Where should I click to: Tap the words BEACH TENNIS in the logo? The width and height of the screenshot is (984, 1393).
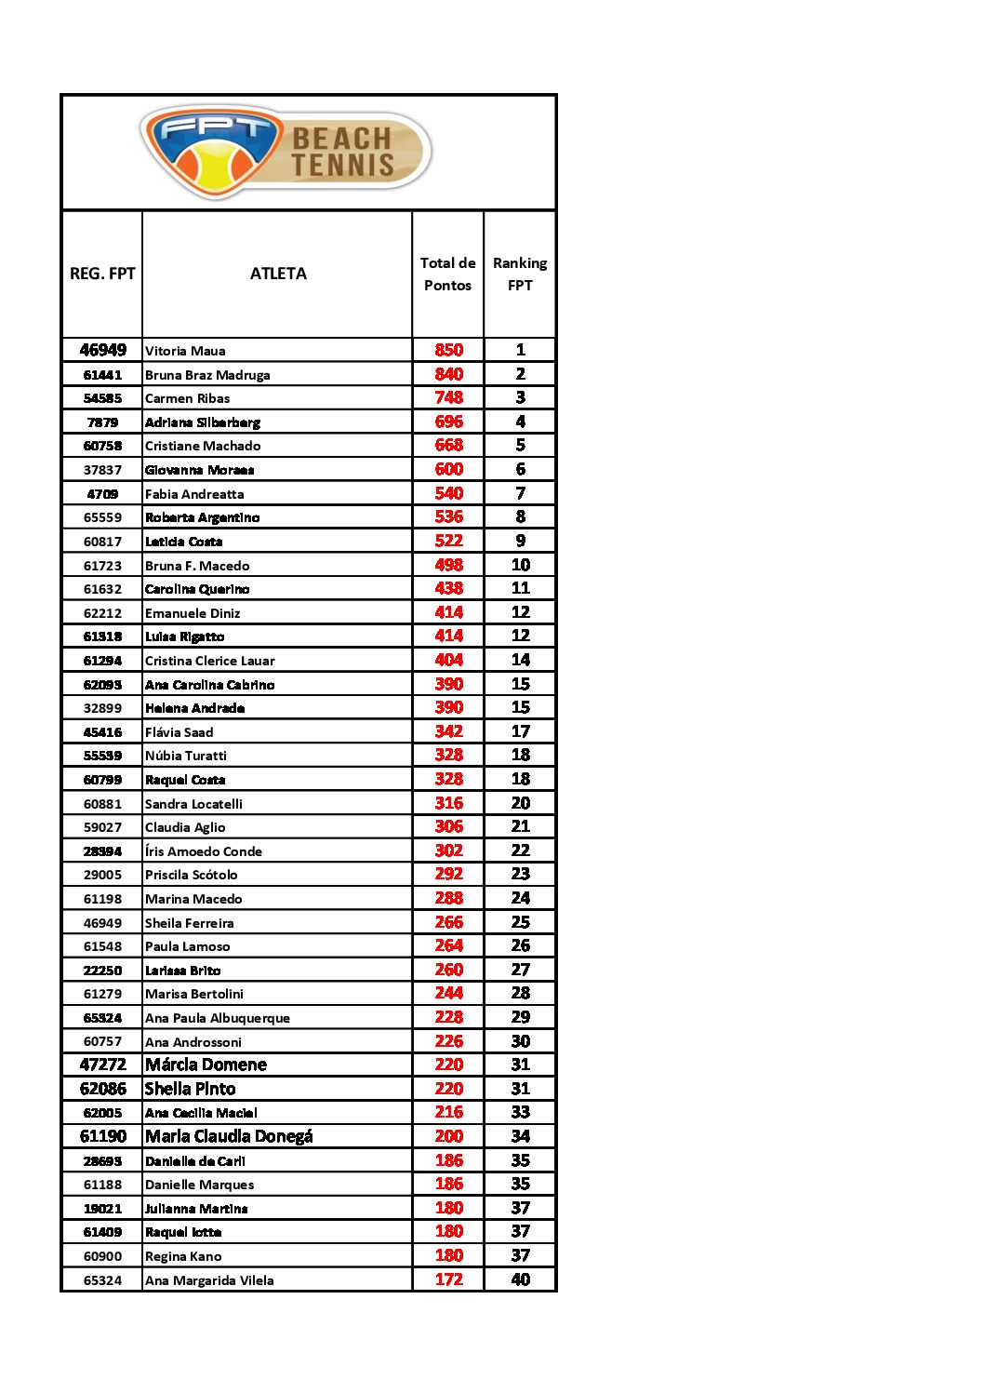coord(343,152)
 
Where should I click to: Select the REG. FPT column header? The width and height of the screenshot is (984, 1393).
coord(102,274)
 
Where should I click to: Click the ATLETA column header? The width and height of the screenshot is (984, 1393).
coord(278,274)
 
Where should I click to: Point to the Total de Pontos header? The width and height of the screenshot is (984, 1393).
coord(447,275)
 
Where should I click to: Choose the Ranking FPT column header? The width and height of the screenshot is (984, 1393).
coord(520,275)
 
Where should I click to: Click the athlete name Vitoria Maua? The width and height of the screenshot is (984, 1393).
coord(185,351)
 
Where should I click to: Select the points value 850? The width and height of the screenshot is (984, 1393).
coord(448,350)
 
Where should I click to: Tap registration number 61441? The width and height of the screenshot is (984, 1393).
coord(102,375)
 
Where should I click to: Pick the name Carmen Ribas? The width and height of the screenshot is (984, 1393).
coord(187,398)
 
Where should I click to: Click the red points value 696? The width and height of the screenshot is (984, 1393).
coord(448,422)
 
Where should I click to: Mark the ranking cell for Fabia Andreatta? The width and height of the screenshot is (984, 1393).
coord(520,493)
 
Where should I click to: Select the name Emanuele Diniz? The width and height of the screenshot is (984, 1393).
coord(193,613)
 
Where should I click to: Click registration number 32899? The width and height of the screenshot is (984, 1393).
coord(102,708)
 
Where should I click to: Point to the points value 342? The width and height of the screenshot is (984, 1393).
coord(448,731)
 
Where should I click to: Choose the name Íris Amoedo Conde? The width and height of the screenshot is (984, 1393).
coord(204,851)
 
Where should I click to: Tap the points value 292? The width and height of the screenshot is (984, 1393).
coord(448,874)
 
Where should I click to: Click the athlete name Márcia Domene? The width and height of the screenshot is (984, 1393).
coord(206,1065)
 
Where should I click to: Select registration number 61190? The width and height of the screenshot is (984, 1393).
coord(102,1136)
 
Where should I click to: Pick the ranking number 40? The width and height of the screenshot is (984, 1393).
coord(520,1279)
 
